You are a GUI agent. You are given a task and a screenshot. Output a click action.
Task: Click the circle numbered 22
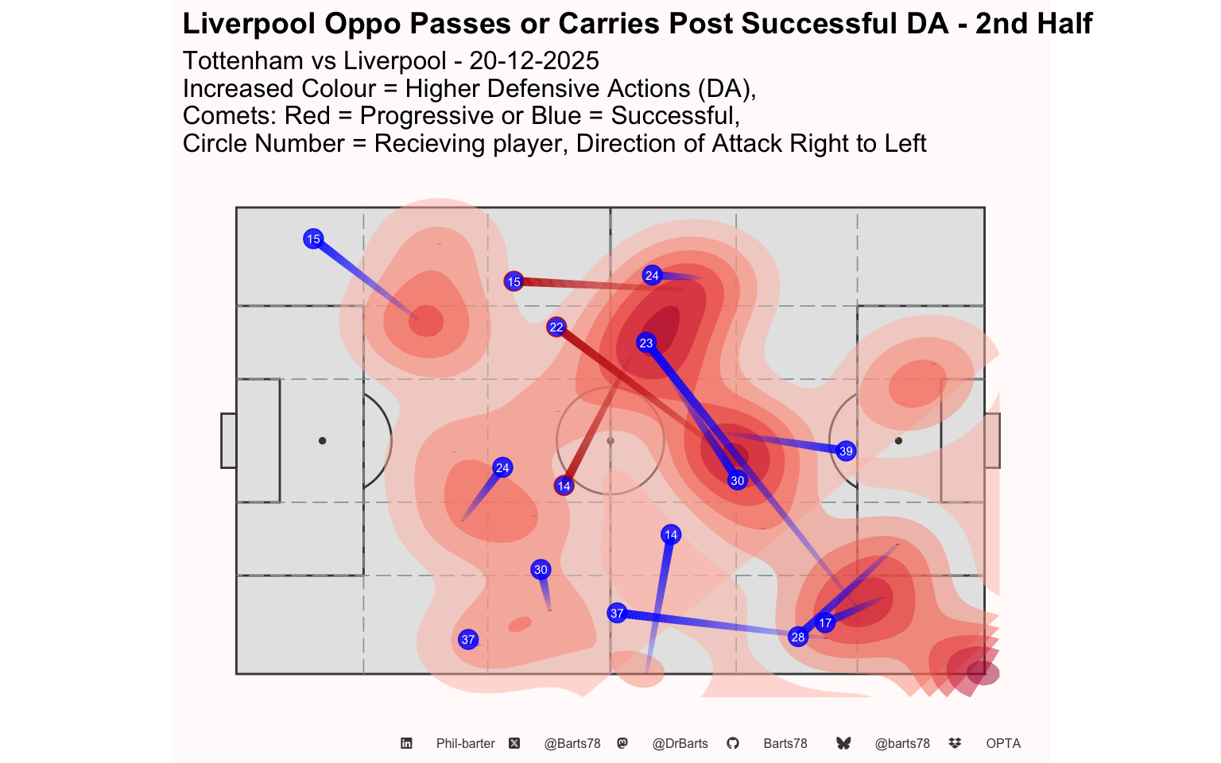(x=556, y=327)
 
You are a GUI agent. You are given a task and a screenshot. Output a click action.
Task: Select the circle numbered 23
(x=646, y=343)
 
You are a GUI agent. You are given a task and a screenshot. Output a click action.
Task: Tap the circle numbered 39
(x=846, y=451)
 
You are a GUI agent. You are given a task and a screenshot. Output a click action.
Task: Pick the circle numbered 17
(x=825, y=623)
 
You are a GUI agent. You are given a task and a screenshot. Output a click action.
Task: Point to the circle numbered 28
(x=798, y=637)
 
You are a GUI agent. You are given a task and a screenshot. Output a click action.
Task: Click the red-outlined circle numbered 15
(x=514, y=281)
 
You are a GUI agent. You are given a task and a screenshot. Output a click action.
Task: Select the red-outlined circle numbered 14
(x=564, y=486)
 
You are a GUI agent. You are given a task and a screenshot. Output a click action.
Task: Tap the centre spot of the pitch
(x=610, y=440)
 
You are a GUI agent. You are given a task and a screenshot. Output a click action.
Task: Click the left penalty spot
(x=322, y=440)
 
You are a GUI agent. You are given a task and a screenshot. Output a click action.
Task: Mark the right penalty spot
(x=898, y=440)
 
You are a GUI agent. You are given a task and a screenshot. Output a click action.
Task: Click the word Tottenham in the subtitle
(x=243, y=60)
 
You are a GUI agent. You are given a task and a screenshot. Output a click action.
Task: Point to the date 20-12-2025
(x=533, y=60)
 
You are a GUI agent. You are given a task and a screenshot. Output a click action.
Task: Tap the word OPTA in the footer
(x=1003, y=743)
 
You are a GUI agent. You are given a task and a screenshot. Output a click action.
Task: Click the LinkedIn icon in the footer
(x=406, y=743)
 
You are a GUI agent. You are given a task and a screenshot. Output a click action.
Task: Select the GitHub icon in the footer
(x=733, y=743)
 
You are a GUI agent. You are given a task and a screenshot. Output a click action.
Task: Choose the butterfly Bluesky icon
(x=843, y=743)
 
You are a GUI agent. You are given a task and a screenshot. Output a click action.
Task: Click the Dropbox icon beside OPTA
(x=955, y=743)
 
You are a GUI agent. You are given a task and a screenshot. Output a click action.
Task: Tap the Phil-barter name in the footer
(x=466, y=743)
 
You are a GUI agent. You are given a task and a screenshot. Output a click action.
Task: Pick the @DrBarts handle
(x=680, y=743)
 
